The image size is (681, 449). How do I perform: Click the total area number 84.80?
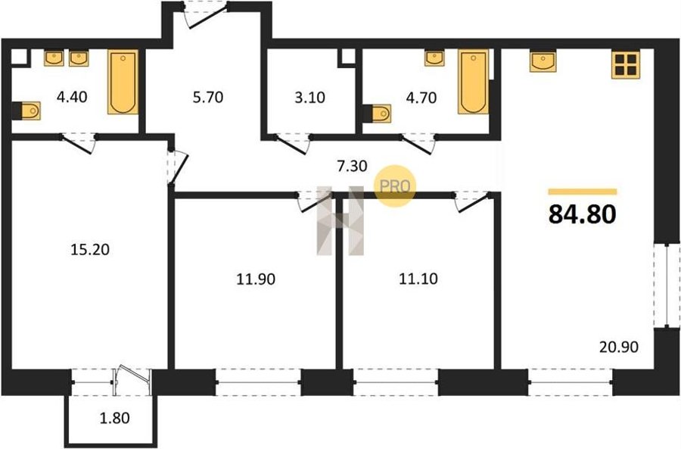(582, 214)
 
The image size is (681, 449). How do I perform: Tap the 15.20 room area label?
(90, 250)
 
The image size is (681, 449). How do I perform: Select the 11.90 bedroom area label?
(256, 279)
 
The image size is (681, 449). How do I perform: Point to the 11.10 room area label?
(418, 278)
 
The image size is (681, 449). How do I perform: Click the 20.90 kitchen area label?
(619, 347)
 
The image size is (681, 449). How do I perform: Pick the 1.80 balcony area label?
(115, 418)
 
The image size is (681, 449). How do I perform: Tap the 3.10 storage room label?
(309, 98)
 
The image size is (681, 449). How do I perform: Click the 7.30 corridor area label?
(352, 166)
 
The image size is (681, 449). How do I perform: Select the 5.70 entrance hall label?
(208, 97)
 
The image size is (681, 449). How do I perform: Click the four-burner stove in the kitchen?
(624, 65)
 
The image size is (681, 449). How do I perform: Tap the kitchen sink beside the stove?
(543, 62)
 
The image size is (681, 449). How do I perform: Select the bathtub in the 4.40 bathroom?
(123, 82)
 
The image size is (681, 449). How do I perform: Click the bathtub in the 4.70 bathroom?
(474, 82)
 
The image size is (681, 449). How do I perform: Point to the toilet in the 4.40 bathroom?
(28, 111)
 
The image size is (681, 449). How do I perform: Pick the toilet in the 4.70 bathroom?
(378, 114)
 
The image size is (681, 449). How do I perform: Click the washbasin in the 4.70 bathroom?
(434, 58)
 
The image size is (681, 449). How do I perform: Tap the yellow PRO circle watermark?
(395, 186)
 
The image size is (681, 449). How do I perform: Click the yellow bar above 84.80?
(583, 192)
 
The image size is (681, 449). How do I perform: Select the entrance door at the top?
(204, 15)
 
